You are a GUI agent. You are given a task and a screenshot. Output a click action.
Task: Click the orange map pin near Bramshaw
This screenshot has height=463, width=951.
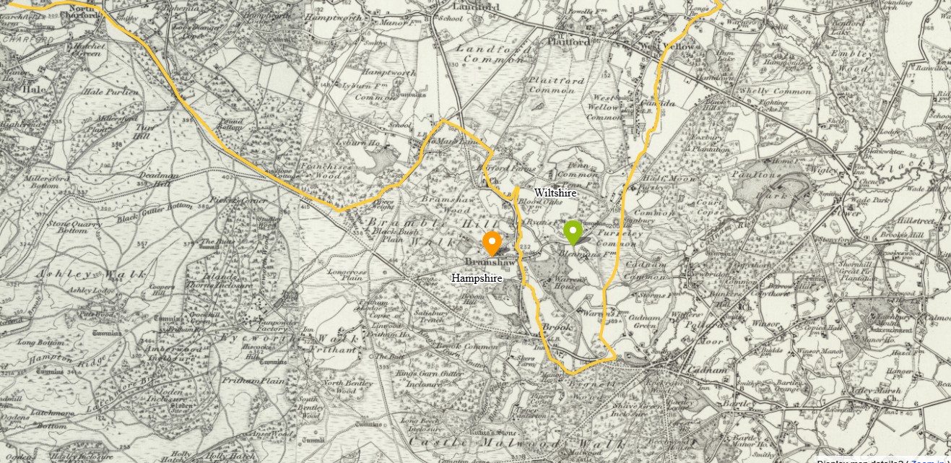pos(492,243)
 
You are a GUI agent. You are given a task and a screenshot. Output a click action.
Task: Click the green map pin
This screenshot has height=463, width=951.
pos(573,232)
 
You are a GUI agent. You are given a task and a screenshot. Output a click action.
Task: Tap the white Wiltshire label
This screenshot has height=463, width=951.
pos(555,193)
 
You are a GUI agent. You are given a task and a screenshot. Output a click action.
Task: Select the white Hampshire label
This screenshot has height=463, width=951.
pos(476,277)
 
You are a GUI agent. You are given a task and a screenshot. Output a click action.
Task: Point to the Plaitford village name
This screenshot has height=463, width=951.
pos(568,41)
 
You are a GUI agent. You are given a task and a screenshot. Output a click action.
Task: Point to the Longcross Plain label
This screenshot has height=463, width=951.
pos(344,275)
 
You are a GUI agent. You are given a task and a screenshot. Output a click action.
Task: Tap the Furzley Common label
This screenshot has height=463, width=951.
pos(636,238)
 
